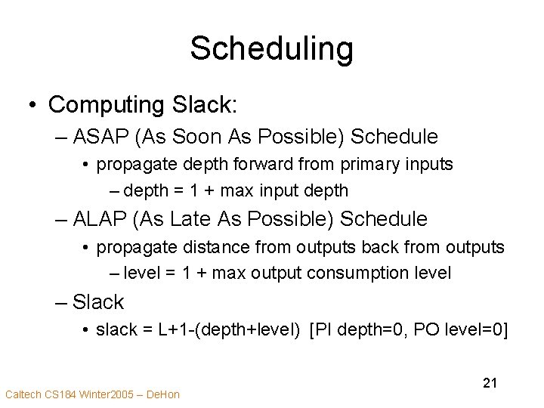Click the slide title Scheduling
point(271,48)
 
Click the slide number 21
point(490,384)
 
